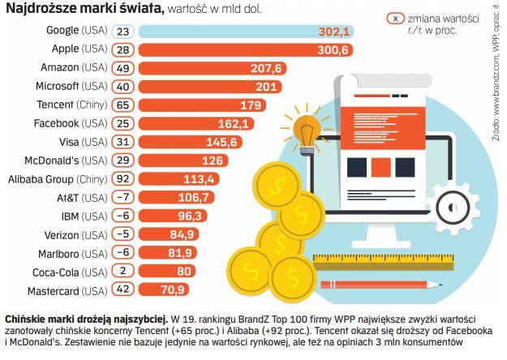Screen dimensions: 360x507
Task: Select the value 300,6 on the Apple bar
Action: click(333, 49)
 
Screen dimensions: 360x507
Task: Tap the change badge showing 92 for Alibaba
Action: click(122, 179)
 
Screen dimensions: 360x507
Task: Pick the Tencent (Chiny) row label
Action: click(72, 105)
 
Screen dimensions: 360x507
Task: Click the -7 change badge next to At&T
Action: click(122, 198)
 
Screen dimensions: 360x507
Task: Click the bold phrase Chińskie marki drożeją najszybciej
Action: click(85, 319)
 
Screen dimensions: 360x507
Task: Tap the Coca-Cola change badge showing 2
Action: click(122, 272)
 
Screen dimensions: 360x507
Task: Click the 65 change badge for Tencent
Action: click(122, 105)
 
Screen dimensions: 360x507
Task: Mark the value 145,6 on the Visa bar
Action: click(221, 142)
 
